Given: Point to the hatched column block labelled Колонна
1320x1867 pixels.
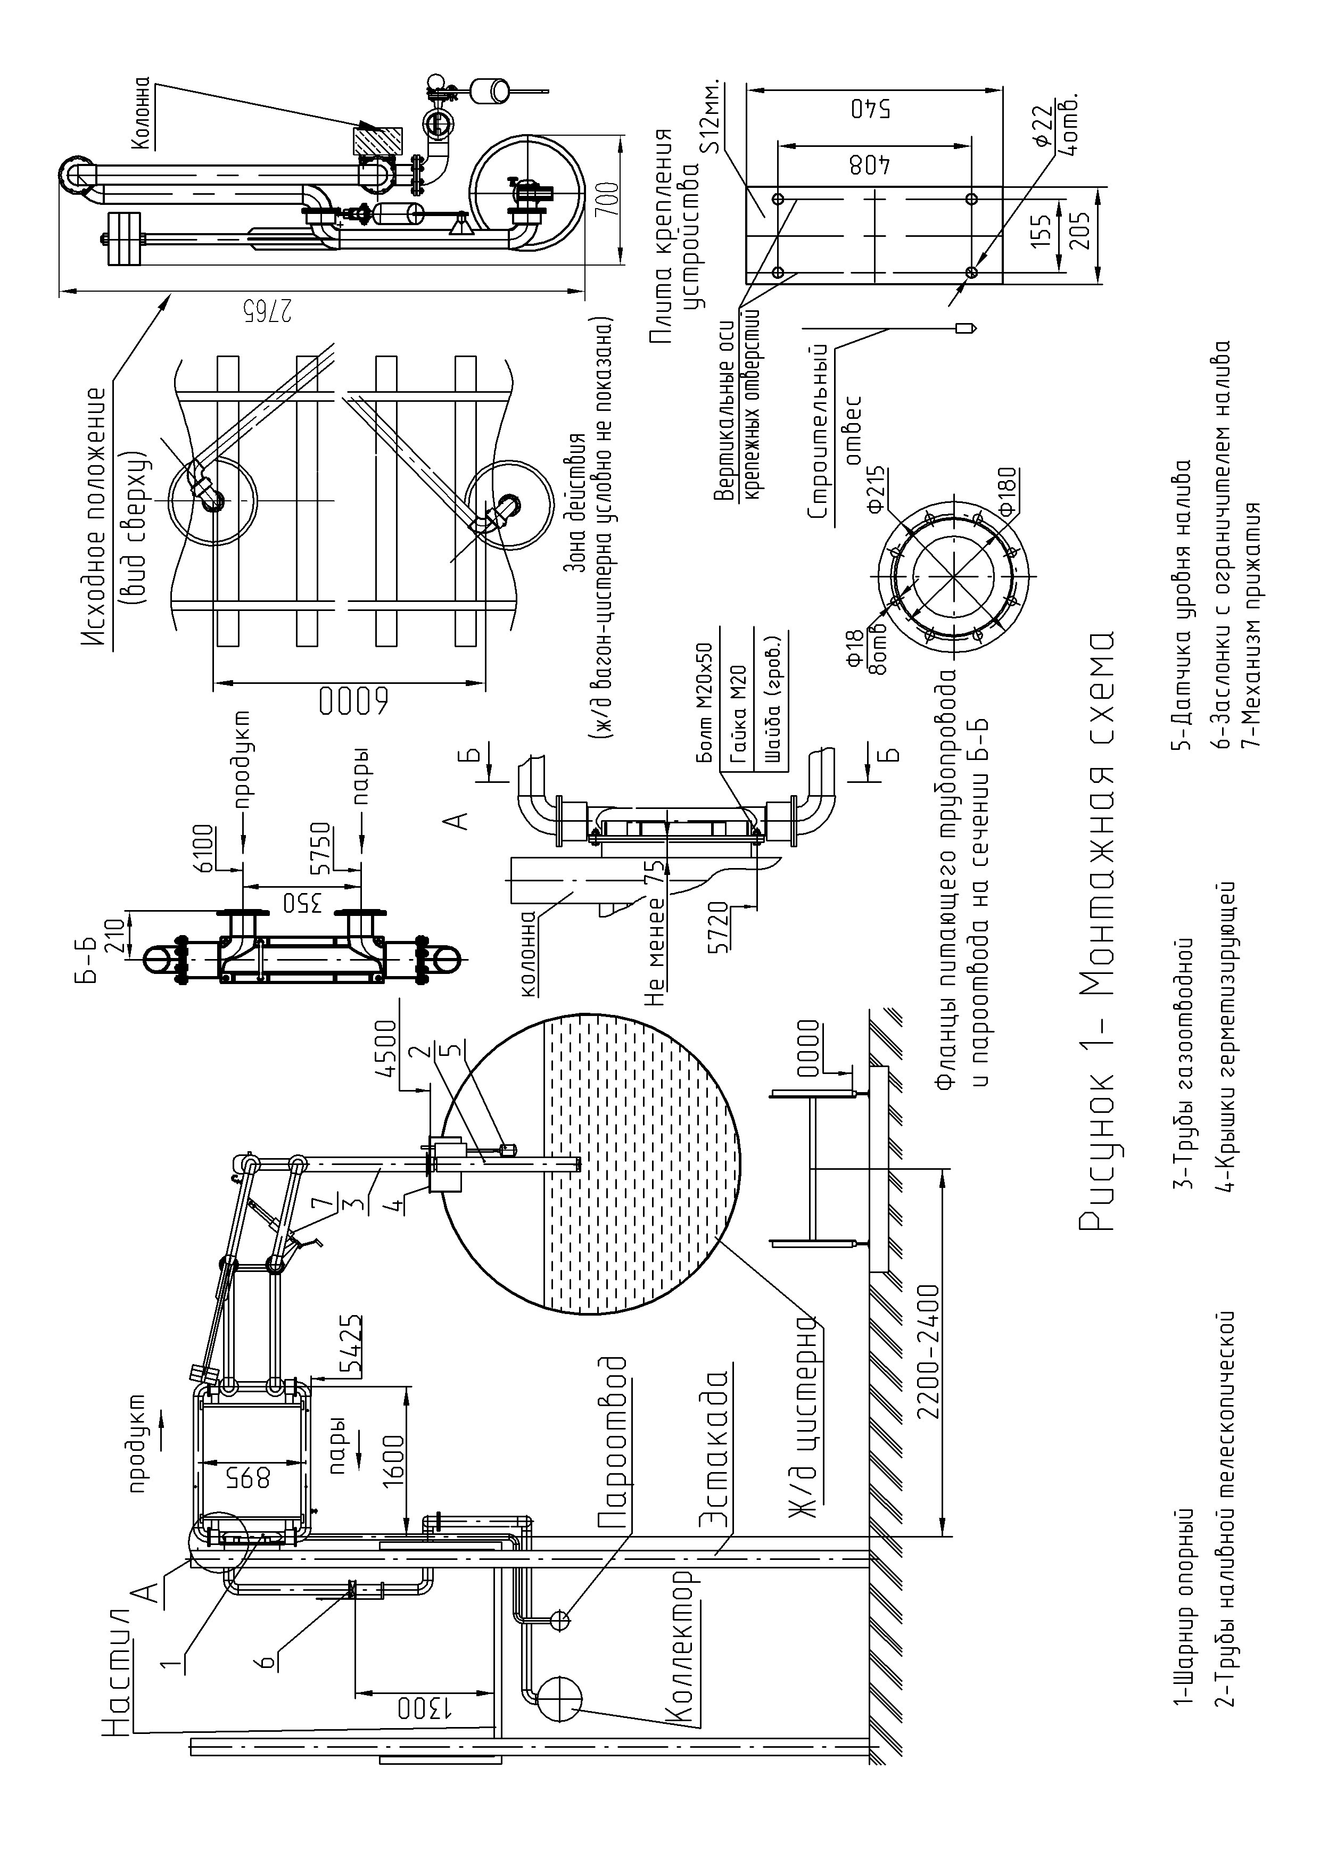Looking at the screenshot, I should pos(377,141).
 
